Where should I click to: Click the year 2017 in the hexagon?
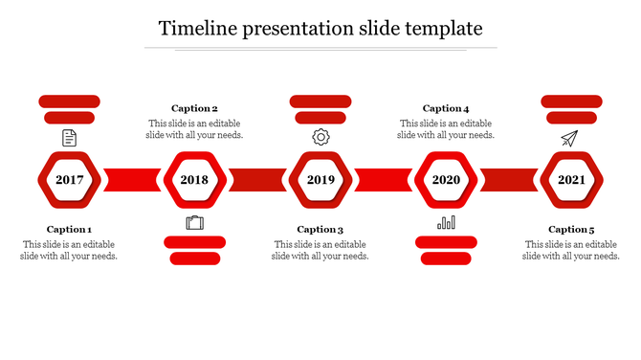click(x=69, y=180)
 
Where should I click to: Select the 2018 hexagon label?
click(x=194, y=180)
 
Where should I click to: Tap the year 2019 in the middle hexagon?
click(x=320, y=180)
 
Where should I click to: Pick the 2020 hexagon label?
click(x=446, y=180)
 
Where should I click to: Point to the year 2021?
click(x=571, y=180)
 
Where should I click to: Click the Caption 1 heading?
click(x=69, y=230)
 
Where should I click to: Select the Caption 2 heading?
click(x=194, y=109)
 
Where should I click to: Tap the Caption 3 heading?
click(x=320, y=230)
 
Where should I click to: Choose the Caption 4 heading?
click(x=446, y=109)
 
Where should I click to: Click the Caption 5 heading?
click(x=571, y=230)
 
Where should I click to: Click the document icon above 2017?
click(x=69, y=139)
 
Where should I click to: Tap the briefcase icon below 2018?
click(x=195, y=223)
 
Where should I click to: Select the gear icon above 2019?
click(x=320, y=138)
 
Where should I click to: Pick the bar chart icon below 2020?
click(x=446, y=222)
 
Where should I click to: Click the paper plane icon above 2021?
click(x=570, y=139)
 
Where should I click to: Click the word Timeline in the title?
click(x=196, y=28)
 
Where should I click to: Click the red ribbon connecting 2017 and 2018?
click(x=132, y=180)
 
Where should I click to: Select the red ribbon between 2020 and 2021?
click(x=509, y=180)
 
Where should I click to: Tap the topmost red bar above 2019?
click(x=320, y=101)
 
